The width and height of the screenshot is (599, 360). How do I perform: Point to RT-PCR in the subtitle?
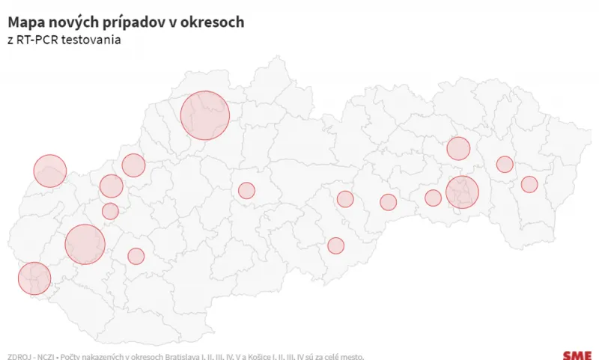36,39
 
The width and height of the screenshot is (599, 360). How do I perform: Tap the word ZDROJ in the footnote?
19,356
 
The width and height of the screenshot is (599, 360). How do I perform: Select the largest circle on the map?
204,115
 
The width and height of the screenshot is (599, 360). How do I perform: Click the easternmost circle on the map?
529,184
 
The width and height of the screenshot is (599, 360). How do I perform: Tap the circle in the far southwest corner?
34,278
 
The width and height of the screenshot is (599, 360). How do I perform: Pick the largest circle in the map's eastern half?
462,192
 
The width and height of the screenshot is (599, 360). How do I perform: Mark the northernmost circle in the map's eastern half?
458,148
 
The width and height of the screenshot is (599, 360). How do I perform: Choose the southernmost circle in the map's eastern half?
335,245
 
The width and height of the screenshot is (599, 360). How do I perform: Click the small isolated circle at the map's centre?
246,190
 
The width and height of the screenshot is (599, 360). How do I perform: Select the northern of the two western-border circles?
50,171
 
